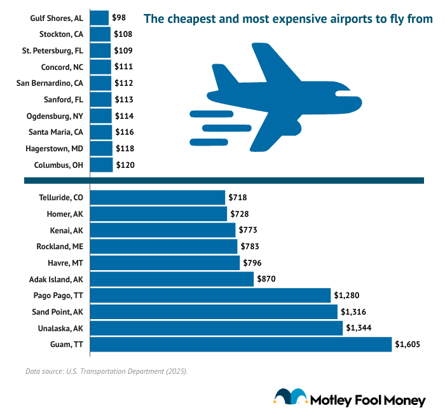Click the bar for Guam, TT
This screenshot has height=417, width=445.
(241, 345)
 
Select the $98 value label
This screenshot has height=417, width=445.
(119, 17)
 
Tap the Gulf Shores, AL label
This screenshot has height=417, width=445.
(57, 18)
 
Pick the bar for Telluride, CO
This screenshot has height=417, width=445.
(158, 197)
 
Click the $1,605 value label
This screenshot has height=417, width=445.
(407, 345)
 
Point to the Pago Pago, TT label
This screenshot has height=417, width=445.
(58, 295)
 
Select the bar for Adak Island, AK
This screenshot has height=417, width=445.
(172, 279)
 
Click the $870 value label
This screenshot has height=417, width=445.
(266, 279)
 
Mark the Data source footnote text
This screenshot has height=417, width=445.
(107, 371)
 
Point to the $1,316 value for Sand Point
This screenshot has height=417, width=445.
(353, 311)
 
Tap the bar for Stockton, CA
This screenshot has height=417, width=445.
(100, 34)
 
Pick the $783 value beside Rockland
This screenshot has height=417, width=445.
(250, 246)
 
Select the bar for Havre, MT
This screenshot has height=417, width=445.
(165, 263)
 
